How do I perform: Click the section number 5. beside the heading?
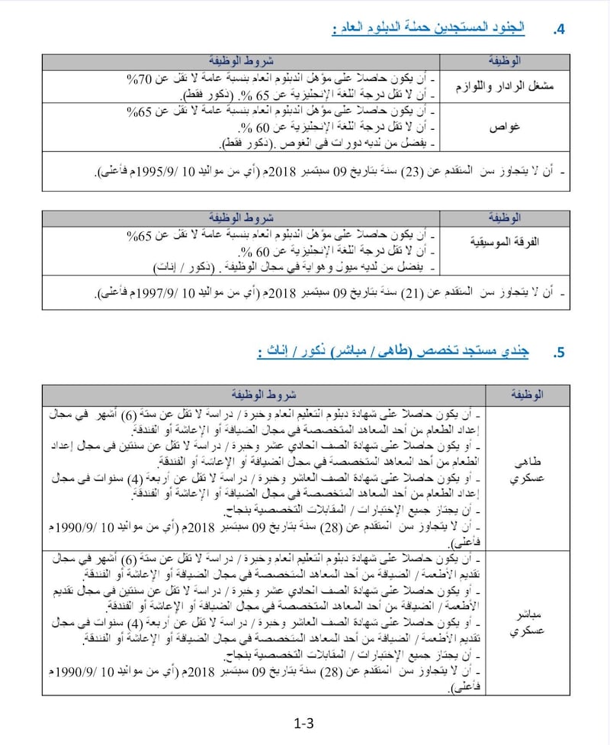pos(558,352)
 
